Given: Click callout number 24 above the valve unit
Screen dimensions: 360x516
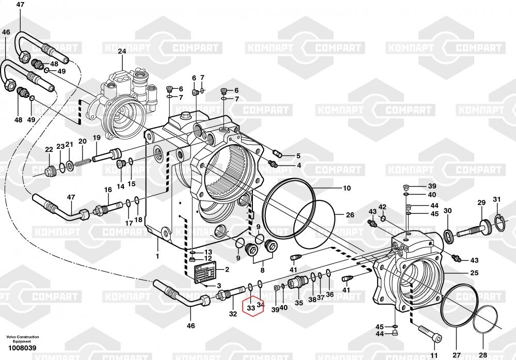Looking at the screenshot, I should pyautogui.click(x=122, y=51).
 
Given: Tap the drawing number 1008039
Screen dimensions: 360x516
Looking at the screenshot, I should pyautogui.click(x=22, y=348).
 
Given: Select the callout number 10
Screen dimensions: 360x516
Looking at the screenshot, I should pyautogui.click(x=347, y=189).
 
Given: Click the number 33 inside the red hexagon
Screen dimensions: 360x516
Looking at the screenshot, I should pyautogui.click(x=251, y=308).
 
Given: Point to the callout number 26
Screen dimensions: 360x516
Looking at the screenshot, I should pyautogui.click(x=350, y=215).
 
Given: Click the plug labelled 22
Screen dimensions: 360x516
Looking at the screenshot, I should pyautogui.click(x=51, y=170).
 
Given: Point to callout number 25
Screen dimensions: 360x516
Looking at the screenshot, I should pyautogui.click(x=474, y=273).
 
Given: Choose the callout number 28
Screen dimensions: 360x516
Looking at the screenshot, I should pyautogui.click(x=482, y=355).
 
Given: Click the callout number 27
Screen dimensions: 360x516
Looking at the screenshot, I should pyautogui.click(x=456, y=355).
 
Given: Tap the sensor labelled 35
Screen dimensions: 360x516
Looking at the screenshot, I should pyautogui.click(x=300, y=284).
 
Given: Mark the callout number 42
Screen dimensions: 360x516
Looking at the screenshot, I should pyautogui.click(x=382, y=207).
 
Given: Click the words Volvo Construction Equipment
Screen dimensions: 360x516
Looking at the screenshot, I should pyautogui.click(x=22, y=339).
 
